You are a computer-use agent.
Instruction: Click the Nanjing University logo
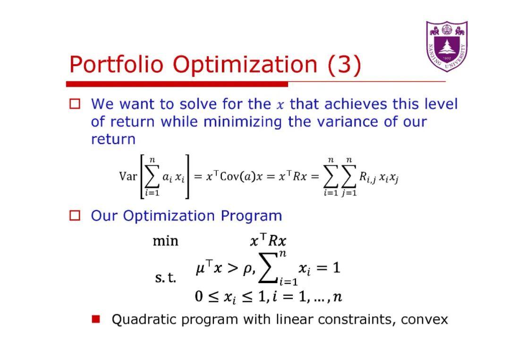446,46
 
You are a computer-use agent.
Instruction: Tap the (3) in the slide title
345,64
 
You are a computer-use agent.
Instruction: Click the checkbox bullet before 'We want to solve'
75,104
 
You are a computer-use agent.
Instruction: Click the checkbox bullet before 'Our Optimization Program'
75,216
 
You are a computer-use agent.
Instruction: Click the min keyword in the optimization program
166,241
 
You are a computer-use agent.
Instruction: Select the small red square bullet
96,319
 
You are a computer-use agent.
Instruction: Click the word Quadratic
144,319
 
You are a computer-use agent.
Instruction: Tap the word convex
424,319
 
